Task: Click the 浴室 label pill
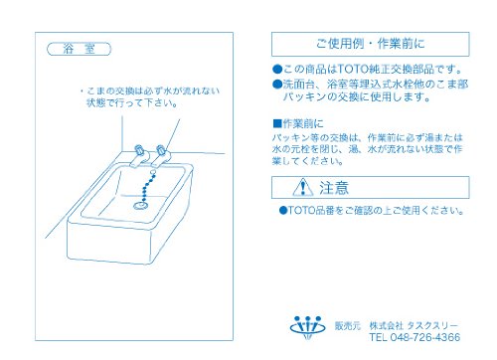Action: pyautogui.click(x=79, y=49)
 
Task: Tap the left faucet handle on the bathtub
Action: pyautogui.click(x=139, y=150)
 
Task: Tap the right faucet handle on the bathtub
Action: pyautogui.click(x=161, y=150)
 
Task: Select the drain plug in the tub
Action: pyautogui.click(x=140, y=206)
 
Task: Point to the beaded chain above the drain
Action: pyautogui.click(x=148, y=186)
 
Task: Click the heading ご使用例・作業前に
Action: pyautogui.click(x=370, y=44)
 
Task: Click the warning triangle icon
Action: pyautogui.click(x=303, y=187)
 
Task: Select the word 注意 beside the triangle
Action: pyautogui.click(x=334, y=188)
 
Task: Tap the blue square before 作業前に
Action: pyautogui.click(x=277, y=123)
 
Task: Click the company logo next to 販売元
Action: pyautogui.click(x=307, y=327)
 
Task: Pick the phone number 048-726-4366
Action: pyautogui.click(x=425, y=337)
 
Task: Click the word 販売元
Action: pyautogui.click(x=347, y=326)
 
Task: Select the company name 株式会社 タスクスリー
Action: pyautogui.click(x=414, y=325)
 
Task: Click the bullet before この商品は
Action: pyautogui.click(x=277, y=70)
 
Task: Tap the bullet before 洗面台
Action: pyautogui.click(x=277, y=85)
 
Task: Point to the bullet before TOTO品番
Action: pyautogui.click(x=282, y=210)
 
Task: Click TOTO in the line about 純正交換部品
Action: pyautogui.click(x=353, y=69)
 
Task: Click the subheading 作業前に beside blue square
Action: pyautogui.click(x=303, y=123)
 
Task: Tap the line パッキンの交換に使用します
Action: pyautogui.click(x=357, y=96)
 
